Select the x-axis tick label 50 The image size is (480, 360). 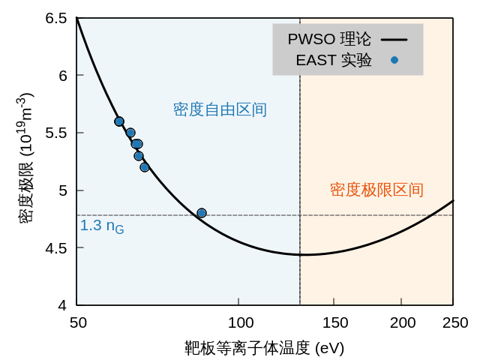(77, 322)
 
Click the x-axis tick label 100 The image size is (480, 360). (239, 322)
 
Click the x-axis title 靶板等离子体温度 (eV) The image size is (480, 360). (265, 349)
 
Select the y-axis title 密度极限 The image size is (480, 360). (25, 157)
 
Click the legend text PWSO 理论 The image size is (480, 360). (329, 39)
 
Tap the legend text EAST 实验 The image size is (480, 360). (334, 60)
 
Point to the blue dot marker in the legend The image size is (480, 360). (394, 60)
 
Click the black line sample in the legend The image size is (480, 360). (394, 39)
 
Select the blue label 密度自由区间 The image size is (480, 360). (220, 109)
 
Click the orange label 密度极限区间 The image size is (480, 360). (376, 190)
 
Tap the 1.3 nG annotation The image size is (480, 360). (102, 226)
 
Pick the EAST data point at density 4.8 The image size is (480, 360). (202, 213)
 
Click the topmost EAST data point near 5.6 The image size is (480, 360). (119, 121)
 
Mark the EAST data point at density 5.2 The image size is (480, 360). (145, 167)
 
